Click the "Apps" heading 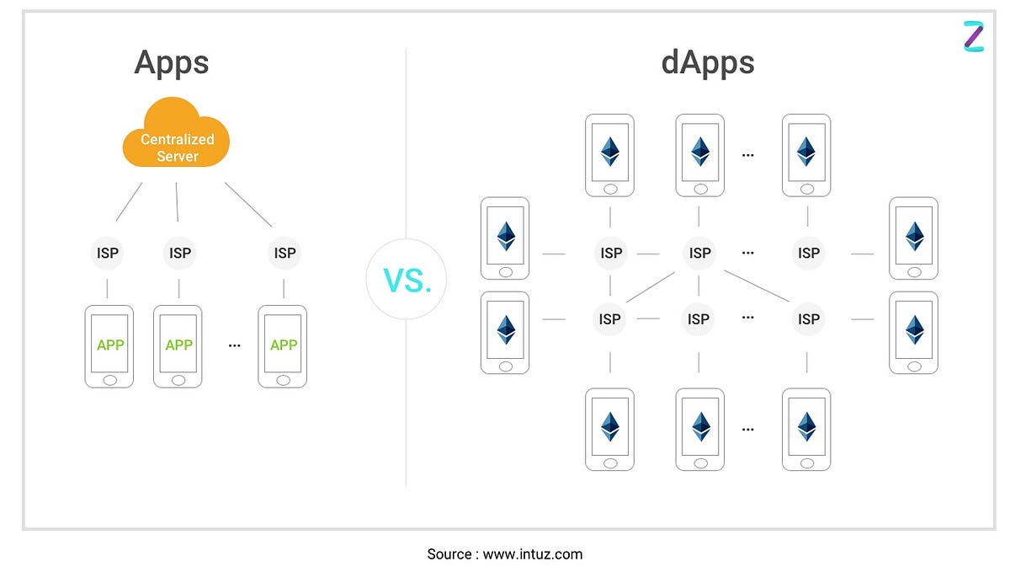click(x=171, y=63)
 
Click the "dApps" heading click(x=708, y=63)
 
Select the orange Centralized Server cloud click(x=177, y=135)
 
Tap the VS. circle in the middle click(x=407, y=279)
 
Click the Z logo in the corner click(x=973, y=36)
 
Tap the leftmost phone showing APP click(x=109, y=345)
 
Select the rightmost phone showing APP click(x=283, y=345)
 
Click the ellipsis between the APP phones click(x=234, y=345)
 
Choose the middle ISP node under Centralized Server click(x=179, y=253)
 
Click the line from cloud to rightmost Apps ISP click(x=249, y=205)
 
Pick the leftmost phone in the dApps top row click(x=609, y=156)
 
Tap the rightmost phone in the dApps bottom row click(x=806, y=429)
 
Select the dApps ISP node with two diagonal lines click(x=699, y=253)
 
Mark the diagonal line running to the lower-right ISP click(x=756, y=286)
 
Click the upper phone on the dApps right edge click(x=913, y=238)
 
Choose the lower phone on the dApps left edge click(x=505, y=332)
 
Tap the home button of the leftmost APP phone click(x=109, y=380)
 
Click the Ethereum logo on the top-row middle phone click(x=699, y=152)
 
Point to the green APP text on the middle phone click(x=178, y=345)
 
